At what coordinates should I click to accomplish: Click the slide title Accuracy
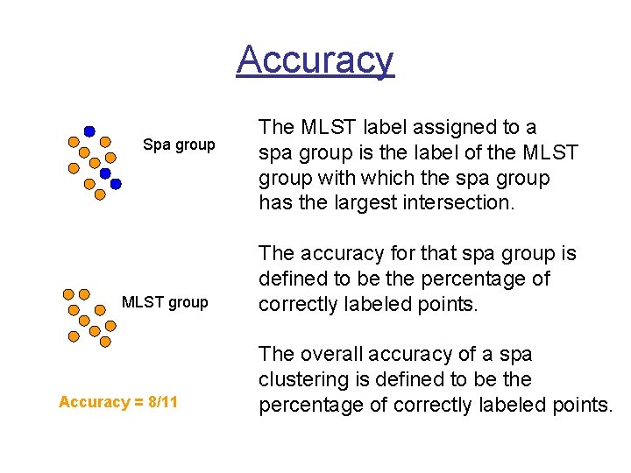point(315,60)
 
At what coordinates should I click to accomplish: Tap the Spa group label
point(179,145)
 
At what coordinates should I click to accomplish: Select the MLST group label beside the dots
point(165,302)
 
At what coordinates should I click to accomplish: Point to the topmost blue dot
point(89,131)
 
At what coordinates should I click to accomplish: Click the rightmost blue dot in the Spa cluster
point(116,185)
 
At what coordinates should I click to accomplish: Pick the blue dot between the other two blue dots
point(105,173)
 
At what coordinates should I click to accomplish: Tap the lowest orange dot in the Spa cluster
point(100,194)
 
